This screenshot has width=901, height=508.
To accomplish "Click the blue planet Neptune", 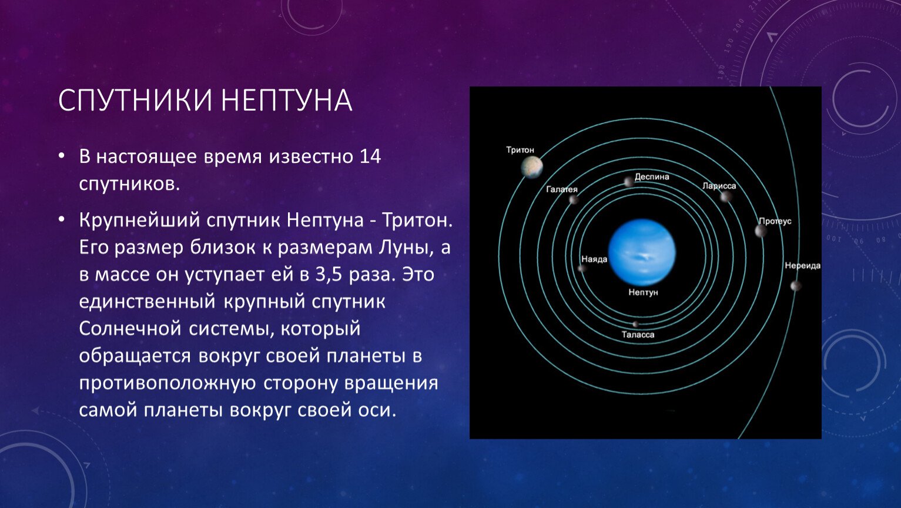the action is click(642, 252).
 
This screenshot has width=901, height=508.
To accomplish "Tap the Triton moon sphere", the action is click(532, 167).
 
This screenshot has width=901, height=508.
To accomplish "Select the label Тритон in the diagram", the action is click(520, 150).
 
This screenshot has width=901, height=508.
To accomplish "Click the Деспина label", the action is click(652, 177).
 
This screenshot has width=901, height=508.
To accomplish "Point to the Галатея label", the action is click(561, 189).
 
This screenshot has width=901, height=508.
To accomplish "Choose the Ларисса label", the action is click(719, 186).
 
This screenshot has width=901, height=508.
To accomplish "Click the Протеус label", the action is click(775, 222).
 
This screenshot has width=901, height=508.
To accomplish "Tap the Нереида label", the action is click(802, 266).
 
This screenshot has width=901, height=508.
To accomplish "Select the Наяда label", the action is click(594, 259).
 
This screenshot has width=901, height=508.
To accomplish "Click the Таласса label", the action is click(638, 335).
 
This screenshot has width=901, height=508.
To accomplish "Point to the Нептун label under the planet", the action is click(643, 292).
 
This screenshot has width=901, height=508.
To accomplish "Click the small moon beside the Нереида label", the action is click(796, 286).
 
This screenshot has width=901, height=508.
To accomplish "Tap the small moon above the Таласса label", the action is click(635, 324).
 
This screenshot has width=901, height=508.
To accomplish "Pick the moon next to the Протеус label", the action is click(760, 231).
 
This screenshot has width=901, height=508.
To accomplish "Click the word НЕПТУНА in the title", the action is click(287, 100).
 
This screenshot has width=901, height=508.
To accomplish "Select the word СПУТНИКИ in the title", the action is click(135, 100).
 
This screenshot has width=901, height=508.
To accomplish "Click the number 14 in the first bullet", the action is click(370, 156).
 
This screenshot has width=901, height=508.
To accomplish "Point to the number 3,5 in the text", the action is click(328, 275).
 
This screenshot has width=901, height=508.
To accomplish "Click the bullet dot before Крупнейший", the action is click(61, 220).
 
